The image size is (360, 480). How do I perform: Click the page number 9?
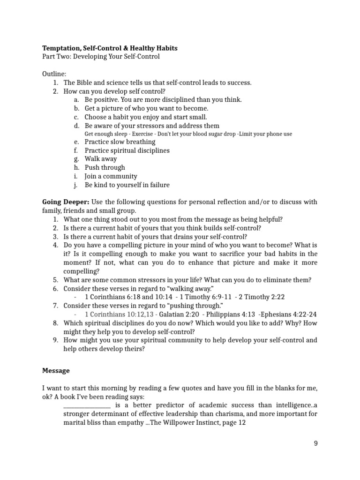tap(315, 443)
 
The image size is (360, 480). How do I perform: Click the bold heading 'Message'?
tap(56, 370)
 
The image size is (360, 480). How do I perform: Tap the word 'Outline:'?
tap(54, 74)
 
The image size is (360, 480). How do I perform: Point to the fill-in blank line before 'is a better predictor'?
tap(87, 405)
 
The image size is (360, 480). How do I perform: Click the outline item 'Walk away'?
tap(101, 159)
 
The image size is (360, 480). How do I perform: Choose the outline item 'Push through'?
tap(105, 167)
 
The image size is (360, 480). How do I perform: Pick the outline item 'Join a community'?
tap(111, 176)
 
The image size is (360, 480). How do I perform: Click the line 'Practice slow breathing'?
tap(120, 142)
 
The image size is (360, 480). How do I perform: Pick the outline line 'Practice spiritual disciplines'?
tap(127, 150)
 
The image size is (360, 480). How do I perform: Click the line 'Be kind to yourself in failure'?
tap(127, 185)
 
